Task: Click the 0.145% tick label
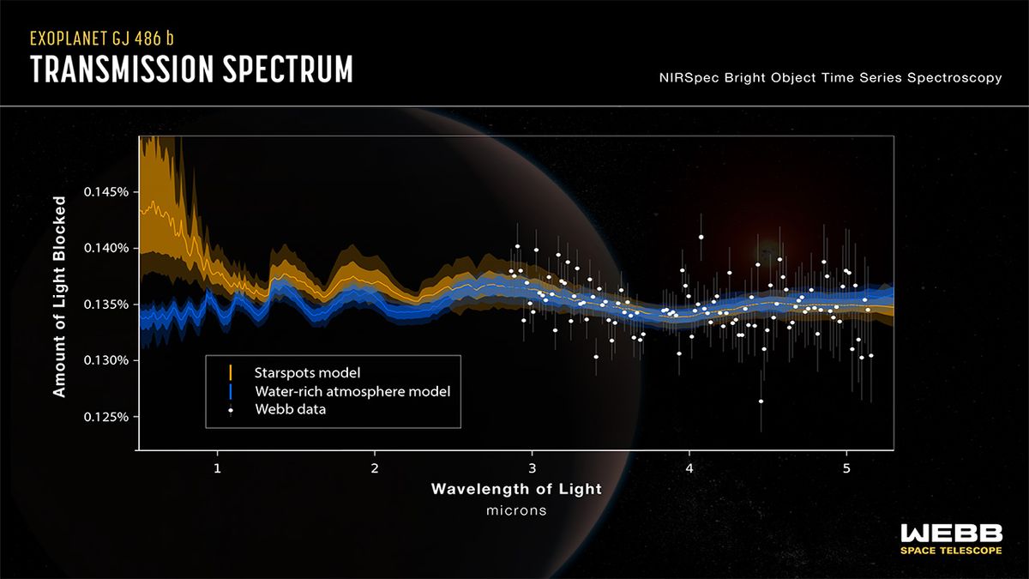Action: pyautogui.click(x=105, y=192)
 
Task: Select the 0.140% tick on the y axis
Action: pyautogui.click(x=105, y=248)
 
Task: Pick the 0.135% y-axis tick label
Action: pyautogui.click(x=105, y=305)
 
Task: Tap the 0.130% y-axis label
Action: pyautogui.click(x=105, y=360)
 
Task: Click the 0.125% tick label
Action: pyautogui.click(x=105, y=417)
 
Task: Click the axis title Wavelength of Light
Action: pyautogui.click(x=516, y=490)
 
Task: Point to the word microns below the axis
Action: pyautogui.click(x=516, y=510)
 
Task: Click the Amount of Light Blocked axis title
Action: pyautogui.click(x=59, y=296)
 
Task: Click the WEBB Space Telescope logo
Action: pyautogui.click(x=950, y=539)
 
